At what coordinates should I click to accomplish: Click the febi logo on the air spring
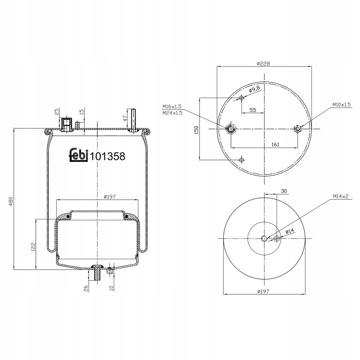79,155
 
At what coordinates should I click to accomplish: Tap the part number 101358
108,156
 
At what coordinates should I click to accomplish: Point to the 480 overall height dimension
11,201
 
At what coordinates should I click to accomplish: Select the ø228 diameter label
263,64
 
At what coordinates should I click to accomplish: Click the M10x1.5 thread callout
342,105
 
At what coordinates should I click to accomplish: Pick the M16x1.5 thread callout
172,107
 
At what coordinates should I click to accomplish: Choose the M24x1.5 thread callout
172,113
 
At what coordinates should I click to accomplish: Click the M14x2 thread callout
341,196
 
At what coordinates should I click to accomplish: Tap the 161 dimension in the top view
275,144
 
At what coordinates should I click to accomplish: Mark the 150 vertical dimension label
196,130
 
